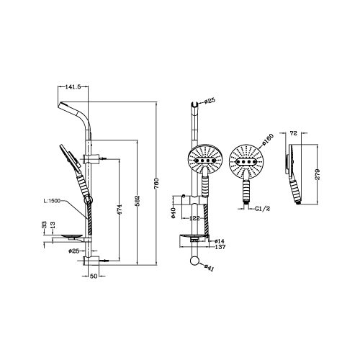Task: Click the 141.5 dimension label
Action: (73, 87)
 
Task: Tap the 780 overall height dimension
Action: (157, 184)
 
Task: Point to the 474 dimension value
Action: (120, 210)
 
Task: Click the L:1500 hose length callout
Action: (52, 201)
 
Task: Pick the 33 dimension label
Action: (44, 225)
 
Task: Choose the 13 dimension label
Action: (53, 225)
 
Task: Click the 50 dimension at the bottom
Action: (94, 276)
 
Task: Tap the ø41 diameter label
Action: (209, 268)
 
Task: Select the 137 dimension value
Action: (220, 247)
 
